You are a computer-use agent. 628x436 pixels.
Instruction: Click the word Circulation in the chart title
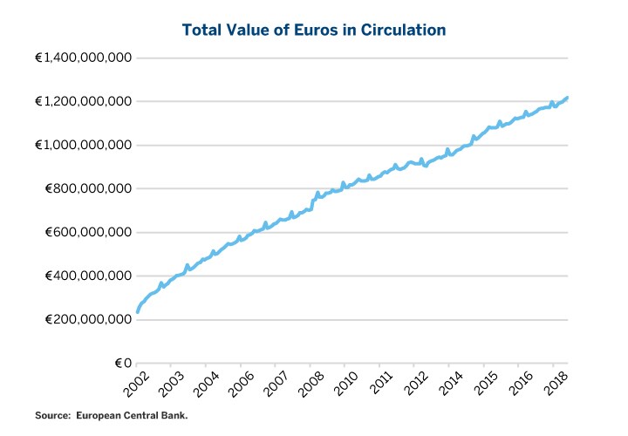(x=405, y=31)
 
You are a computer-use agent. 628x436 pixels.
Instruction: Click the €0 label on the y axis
(x=121, y=363)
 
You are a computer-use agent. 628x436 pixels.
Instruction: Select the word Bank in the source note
(x=174, y=415)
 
